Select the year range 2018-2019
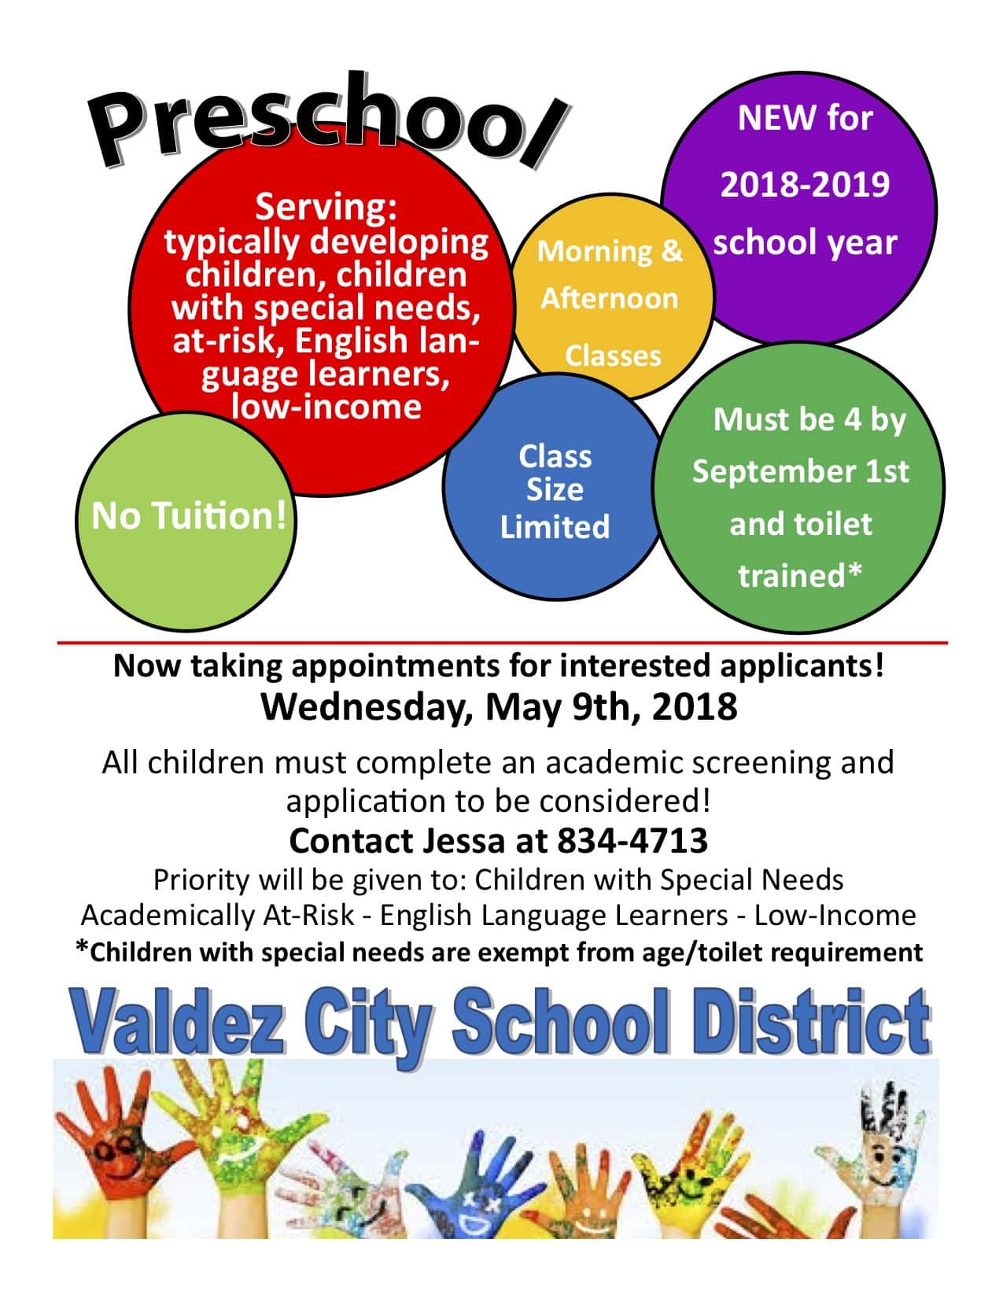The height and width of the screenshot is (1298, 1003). [x=805, y=184]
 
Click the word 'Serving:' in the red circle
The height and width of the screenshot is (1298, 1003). [x=326, y=207]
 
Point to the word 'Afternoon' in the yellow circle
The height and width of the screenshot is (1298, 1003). [x=609, y=299]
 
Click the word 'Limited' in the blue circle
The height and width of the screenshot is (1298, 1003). [x=555, y=526]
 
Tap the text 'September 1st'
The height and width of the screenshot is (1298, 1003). [x=800, y=471]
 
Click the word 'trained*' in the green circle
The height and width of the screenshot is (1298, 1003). [x=800, y=576]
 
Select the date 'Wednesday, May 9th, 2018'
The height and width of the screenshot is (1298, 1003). [x=499, y=706]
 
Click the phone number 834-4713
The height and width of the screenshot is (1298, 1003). [x=632, y=841]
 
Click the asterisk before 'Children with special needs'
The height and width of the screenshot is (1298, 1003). [x=82, y=950]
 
